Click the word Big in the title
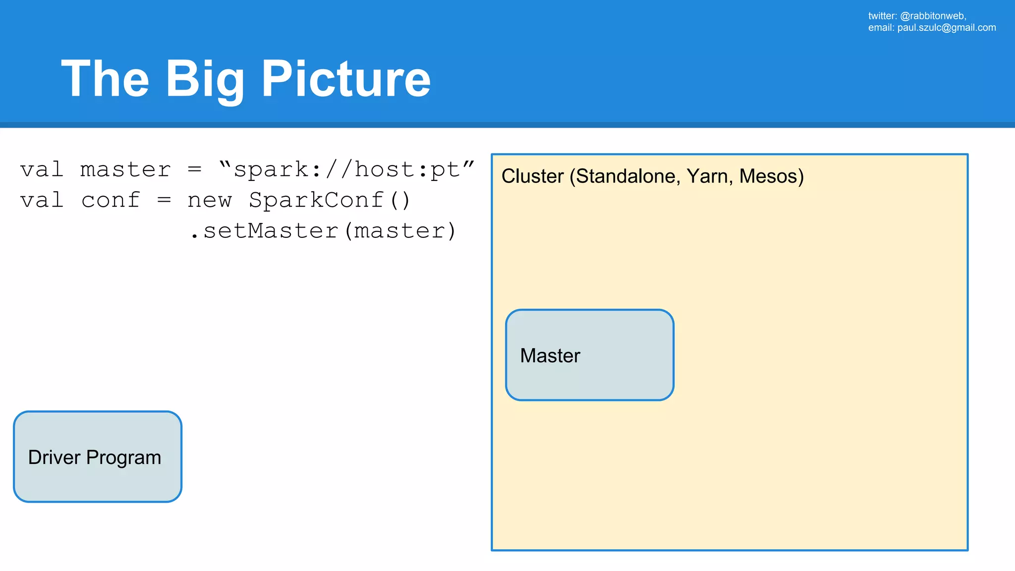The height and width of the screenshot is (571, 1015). [204, 79]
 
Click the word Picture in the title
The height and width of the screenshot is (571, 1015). [345, 79]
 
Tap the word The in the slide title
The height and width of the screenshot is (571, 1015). [105, 79]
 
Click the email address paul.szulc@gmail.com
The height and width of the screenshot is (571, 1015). [946, 28]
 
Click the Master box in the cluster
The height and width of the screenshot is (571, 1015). [589, 355]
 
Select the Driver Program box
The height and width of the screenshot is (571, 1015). [98, 457]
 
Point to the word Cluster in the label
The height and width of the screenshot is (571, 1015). [532, 176]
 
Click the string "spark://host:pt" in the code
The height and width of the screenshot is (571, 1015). [346, 170]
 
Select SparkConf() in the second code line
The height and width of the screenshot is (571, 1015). [330, 200]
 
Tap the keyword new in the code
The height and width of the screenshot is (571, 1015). [209, 201]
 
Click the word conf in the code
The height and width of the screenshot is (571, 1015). [111, 201]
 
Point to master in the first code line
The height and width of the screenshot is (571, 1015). [125, 170]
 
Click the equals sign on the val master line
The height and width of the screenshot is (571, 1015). [195, 170]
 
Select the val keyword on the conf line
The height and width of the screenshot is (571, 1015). [42, 201]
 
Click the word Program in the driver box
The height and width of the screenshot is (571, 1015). [123, 458]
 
